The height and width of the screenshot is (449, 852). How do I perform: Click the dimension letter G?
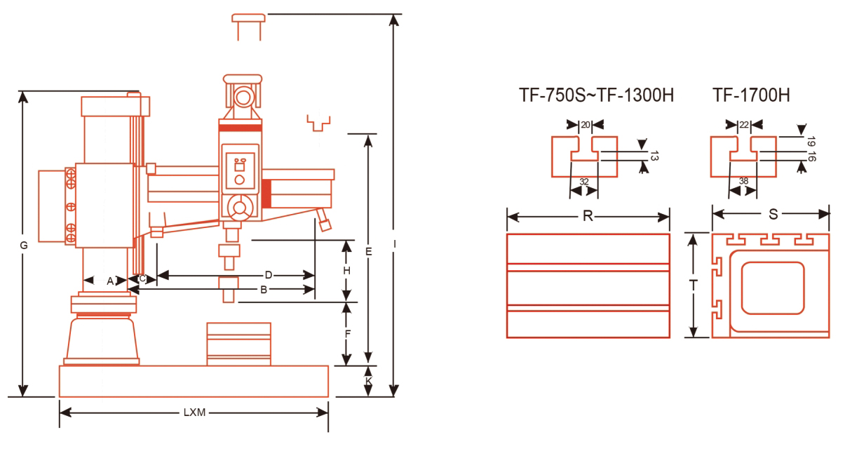(x=24, y=246)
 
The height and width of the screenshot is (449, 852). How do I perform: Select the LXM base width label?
(x=194, y=413)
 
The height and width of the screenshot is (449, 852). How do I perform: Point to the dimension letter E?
(x=368, y=250)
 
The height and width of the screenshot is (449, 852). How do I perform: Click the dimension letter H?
(x=346, y=271)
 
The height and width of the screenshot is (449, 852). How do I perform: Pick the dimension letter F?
(x=346, y=334)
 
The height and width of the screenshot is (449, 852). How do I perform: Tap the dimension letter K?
(x=369, y=381)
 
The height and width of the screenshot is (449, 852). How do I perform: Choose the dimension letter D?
(x=268, y=275)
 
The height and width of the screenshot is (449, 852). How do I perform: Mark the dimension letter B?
(x=264, y=288)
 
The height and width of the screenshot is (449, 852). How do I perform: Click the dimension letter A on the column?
(x=110, y=281)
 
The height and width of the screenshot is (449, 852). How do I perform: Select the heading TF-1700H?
(x=751, y=95)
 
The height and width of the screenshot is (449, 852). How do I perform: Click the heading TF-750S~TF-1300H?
(x=596, y=95)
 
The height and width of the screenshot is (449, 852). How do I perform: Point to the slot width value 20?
(x=585, y=125)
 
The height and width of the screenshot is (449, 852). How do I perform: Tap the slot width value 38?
(x=744, y=180)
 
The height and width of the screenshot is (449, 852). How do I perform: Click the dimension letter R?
(x=588, y=215)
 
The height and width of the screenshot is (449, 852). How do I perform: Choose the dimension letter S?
(x=773, y=215)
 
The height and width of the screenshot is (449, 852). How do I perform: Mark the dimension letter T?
(x=694, y=285)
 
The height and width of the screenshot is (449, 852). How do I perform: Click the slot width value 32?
(x=583, y=181)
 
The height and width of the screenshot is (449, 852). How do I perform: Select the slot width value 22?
(x=744, y=125)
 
